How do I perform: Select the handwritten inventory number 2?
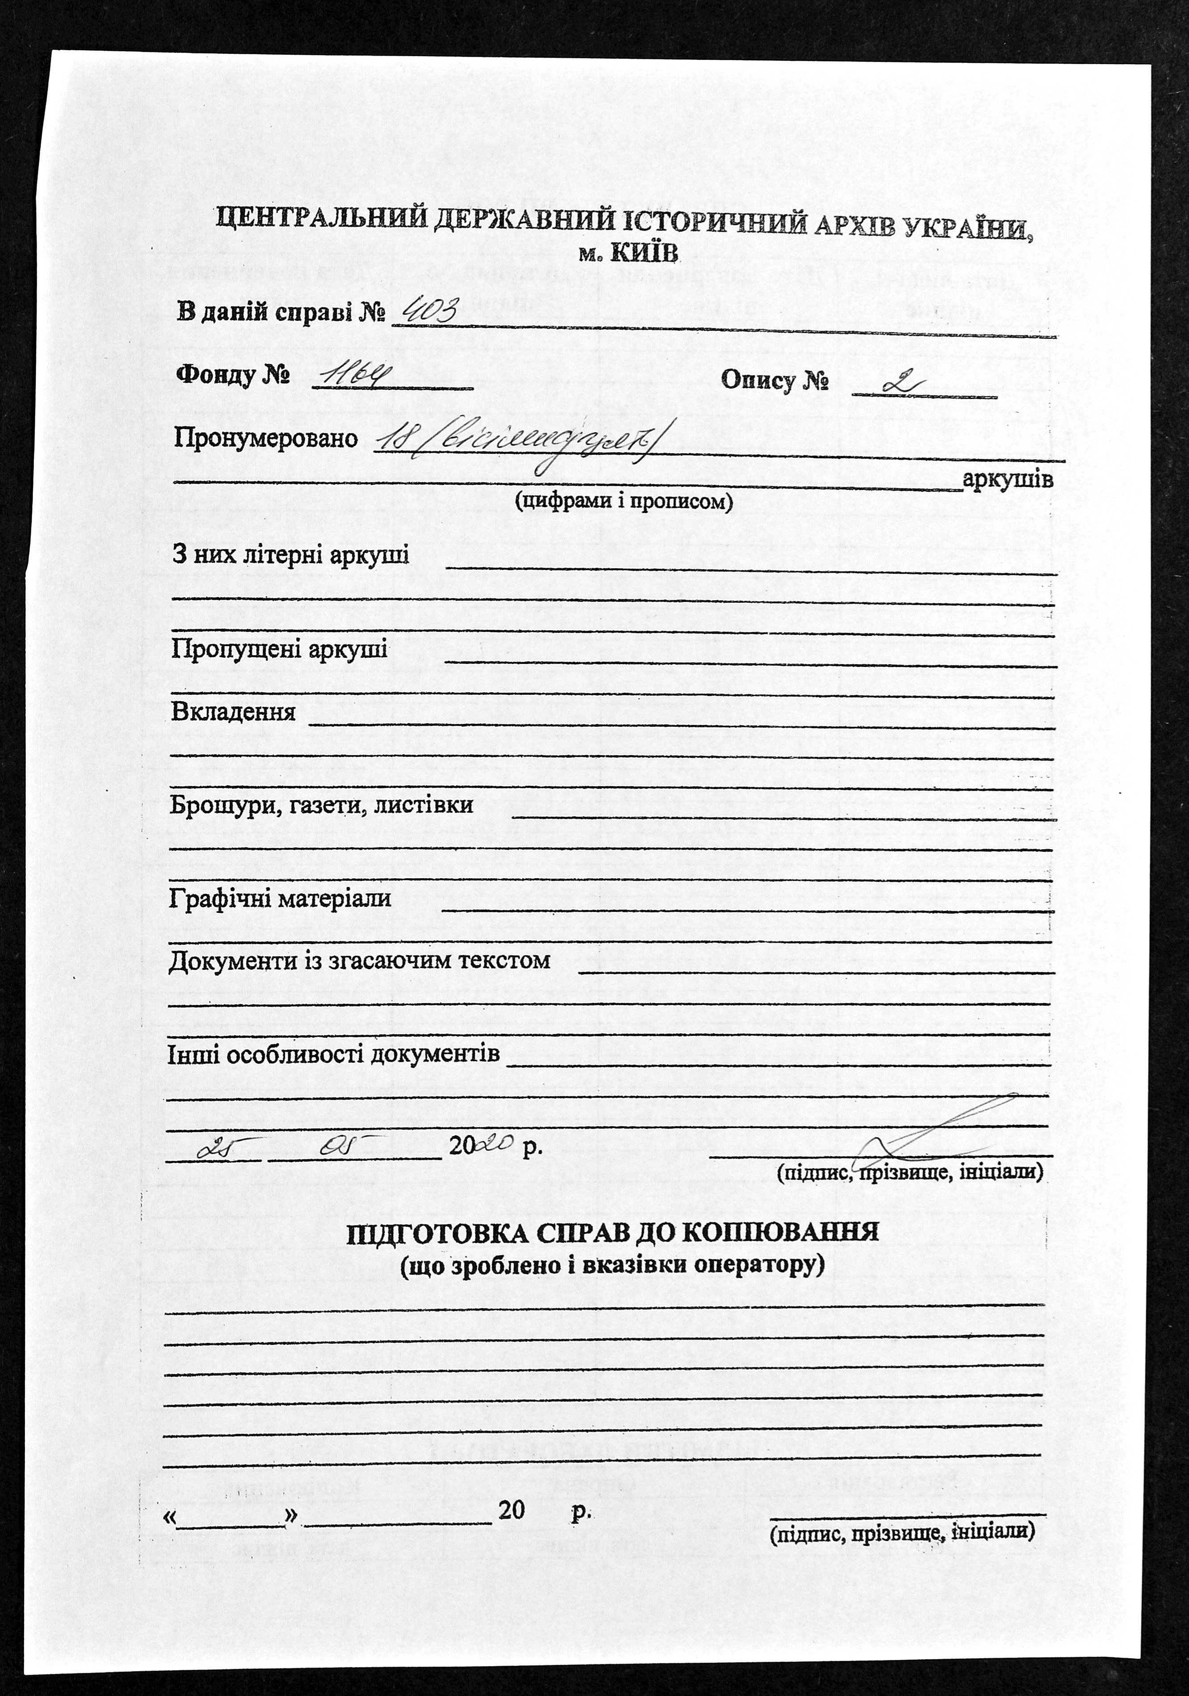click(x=901, y=384)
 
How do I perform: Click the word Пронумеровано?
click(x=266, y=439)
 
